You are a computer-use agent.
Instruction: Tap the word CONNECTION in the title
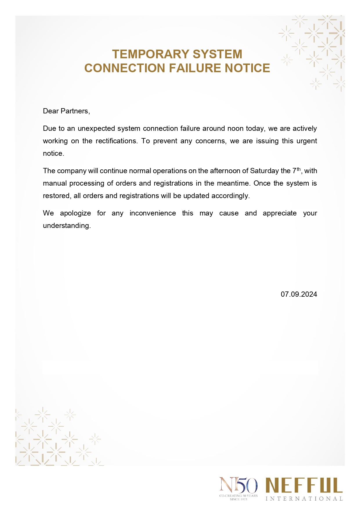125,68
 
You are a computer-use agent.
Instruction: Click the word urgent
307,141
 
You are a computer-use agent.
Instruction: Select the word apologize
75,213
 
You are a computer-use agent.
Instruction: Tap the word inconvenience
153,213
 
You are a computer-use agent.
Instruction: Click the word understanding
67,226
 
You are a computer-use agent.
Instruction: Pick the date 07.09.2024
299,294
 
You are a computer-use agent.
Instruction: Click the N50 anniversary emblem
238,485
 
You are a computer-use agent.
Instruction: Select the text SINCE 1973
238,499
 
